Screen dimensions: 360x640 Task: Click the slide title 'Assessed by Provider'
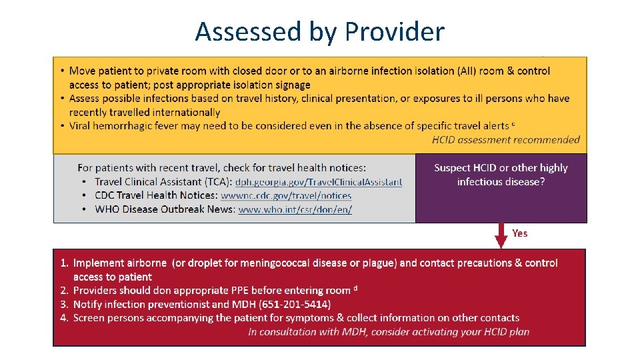tap(319, 31)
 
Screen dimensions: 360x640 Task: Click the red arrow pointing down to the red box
tap(501, 235)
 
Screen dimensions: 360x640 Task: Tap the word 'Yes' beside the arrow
tap(520, 233)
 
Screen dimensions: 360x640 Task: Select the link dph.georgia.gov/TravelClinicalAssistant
tap(319, 181)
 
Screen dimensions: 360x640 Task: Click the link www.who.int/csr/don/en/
tap(295, 209)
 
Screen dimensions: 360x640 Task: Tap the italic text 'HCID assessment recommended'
tap(505, 139)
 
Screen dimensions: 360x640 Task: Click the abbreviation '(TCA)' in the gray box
tap(218, 181)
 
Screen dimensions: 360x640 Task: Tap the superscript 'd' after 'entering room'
tap(356, 288)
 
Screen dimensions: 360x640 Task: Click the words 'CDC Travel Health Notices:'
tap(156, 195)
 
